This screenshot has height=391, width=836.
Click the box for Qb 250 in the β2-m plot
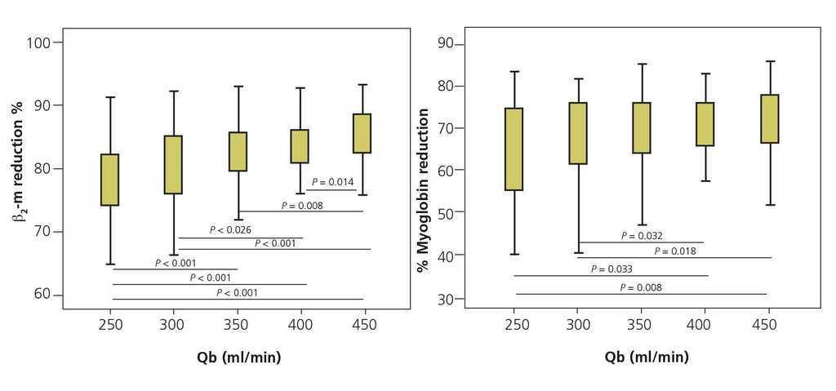point(109,180)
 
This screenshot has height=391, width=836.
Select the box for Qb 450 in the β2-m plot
point(362,133)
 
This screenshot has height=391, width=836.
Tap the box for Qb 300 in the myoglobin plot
point(578,133)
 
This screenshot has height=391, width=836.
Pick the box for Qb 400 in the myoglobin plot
point(705,124)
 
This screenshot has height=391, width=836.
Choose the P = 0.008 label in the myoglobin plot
point(641,287)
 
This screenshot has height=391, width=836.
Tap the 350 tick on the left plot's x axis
point(237,325)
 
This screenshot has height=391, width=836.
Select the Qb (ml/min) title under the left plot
point(237,357)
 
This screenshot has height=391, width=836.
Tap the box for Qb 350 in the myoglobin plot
point(641,127)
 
